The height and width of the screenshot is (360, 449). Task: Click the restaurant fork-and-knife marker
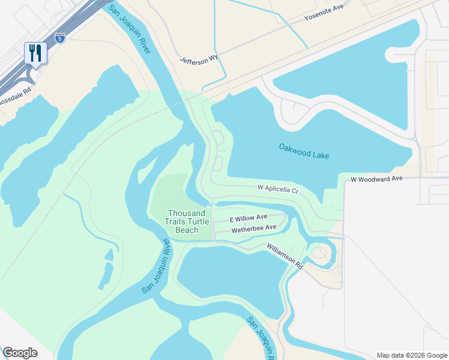[x=35, y=53]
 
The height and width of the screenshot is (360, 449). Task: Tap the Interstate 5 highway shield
[x=59, y=38]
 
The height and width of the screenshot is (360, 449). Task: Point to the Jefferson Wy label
[x=199, y=59]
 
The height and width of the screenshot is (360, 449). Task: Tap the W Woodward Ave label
[x=376, y=179]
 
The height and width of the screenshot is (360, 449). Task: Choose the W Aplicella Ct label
[x=278, y=189]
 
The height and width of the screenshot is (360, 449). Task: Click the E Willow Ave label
[x=248, y=218]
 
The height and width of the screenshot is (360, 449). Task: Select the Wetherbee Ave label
[x=253, y=228]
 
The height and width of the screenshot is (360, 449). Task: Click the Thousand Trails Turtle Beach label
[x=188, y=221]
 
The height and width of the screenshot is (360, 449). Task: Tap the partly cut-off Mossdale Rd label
[x=16, y=97]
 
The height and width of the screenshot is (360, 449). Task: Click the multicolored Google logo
[x=20, y=353]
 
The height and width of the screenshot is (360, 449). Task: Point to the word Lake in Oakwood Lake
[x=320, y=155]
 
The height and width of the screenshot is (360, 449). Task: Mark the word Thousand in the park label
[x=187, y=213]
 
